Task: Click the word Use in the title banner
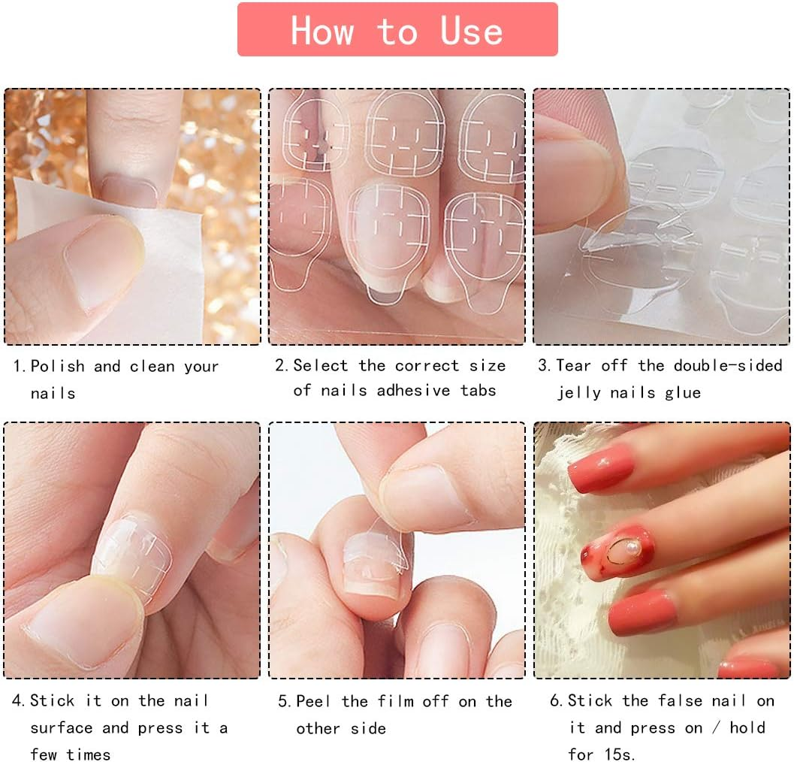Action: coord(472,30)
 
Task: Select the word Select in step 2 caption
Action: coord(321,366)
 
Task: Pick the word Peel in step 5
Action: coord(315,701)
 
